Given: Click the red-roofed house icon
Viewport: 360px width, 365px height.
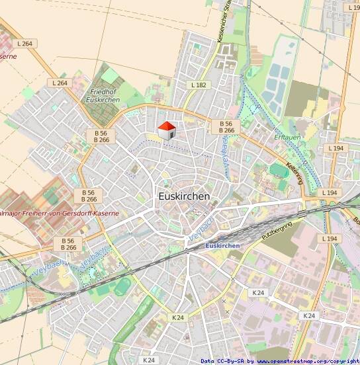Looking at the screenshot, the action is [165, 130].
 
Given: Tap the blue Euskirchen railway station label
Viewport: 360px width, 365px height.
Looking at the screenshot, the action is [223, 246].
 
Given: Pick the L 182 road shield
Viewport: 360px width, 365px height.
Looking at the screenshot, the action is [199, 85].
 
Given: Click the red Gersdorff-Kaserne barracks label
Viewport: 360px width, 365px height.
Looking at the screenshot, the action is [60, 214].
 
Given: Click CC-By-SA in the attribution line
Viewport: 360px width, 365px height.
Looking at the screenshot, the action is [232, 361].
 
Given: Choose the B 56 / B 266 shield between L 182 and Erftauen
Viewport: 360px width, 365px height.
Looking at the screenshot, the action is [226, 127].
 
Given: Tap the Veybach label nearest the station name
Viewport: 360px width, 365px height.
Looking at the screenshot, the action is [199, 231].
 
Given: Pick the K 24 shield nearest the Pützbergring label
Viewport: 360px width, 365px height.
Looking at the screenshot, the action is [258, 292].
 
